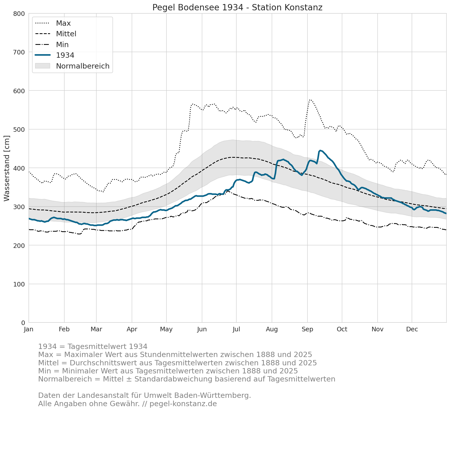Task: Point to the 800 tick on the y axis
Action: (x=19, y=14)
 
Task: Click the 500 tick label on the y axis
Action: (x=19, y=130)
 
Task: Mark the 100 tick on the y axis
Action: (x=19, y=284)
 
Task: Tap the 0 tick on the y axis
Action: (x=23, y=323)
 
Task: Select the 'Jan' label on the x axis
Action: (x=29, y=329)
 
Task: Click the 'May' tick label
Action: (x=166, y=329)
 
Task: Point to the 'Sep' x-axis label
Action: (x=307, y=329)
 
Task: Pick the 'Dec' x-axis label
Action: (x=412, y=329)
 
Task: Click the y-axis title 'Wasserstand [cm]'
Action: (x=7, y=168)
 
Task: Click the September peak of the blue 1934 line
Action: (x=320, y=150)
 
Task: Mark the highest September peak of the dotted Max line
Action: (x=310, y=100)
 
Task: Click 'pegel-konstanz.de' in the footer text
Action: (x=183, y=404)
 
